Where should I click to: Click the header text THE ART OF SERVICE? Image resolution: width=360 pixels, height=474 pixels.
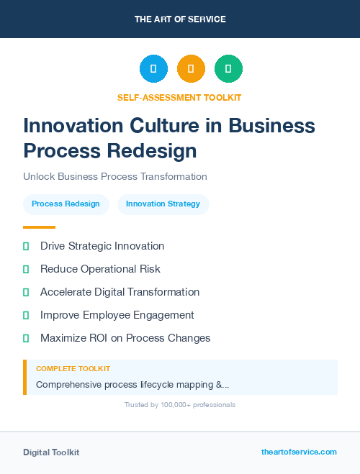click(x=180, y=19)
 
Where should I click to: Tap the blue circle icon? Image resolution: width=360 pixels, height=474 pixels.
click(x=153, y=69)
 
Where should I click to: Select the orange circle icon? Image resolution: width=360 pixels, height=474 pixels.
click(x=191, y=69)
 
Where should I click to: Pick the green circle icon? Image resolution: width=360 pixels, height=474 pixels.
click(x=228, y=69)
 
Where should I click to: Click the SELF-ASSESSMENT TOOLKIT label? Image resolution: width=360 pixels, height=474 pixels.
click(x=179, y=97)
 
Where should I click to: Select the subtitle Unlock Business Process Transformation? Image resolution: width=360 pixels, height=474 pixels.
click(x=115, y=176)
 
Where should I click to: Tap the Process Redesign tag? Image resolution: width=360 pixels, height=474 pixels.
click(x=66, y=204)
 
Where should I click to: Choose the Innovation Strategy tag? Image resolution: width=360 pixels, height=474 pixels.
click(x=163, y=204)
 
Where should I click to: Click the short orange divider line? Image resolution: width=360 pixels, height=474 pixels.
click(x=39, y=227)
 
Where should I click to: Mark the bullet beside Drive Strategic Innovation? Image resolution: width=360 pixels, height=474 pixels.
click(x=26, y=246)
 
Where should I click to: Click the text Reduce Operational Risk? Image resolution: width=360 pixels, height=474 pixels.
click(x=100, y=269)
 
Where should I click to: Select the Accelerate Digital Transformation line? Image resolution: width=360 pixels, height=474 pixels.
click(x=120, y=292)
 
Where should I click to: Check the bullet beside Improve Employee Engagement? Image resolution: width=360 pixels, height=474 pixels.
click(x=26, y=315)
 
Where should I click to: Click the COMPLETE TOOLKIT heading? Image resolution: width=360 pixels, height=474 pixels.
click(x=73, y=368)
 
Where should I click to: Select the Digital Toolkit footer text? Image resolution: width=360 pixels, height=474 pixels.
click(x=51, y=452)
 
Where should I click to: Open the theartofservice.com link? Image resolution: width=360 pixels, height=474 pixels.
click(x=299, y=452)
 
